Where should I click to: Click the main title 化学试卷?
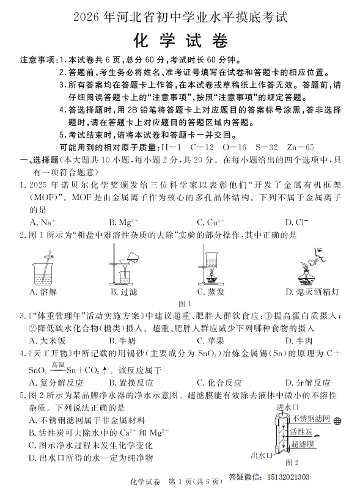pos(181,41)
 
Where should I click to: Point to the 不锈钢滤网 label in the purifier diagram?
pos(311,419)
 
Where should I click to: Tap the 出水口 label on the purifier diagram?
pos(262,455)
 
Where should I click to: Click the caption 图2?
pos(292,463)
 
